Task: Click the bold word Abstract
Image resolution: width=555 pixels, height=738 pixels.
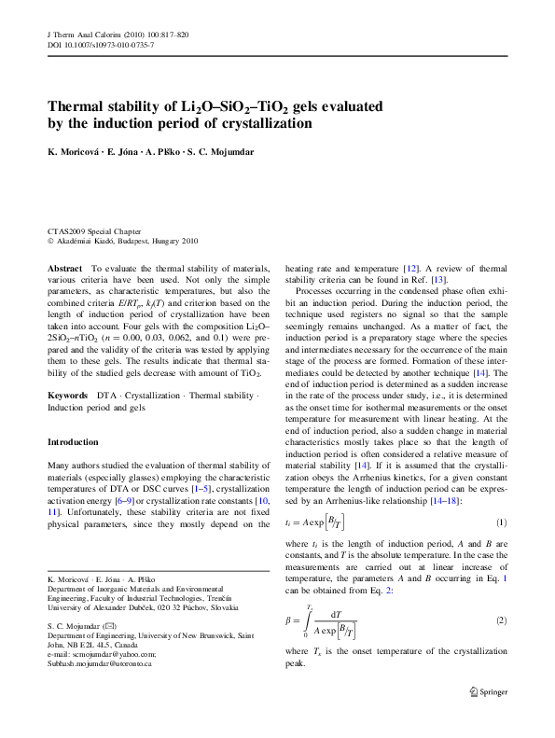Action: (x=64, y=268)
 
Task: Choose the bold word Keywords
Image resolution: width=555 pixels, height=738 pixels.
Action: (x=68, y=397)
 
